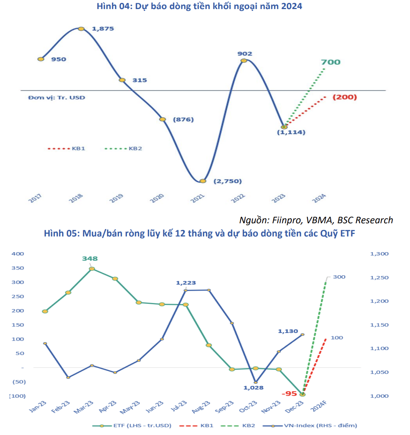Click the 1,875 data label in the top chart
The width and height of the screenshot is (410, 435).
click(102, 29)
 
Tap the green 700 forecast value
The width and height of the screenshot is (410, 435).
click(331, 62)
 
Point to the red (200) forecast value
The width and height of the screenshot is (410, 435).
click(344, 97)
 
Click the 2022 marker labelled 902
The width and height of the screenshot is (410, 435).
click(244, 61)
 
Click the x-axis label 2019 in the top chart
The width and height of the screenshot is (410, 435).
click(116, 199)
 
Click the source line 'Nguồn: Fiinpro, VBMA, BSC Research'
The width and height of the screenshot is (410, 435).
click(316, 220)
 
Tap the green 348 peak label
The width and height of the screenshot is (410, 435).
click(90, 259)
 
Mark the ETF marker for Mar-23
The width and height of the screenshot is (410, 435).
click(92, 269)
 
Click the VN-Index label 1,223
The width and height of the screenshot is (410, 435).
click(186, 283)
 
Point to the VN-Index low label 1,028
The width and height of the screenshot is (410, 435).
click(253, 388)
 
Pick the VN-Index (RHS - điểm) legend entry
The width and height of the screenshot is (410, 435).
click(322, 425)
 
